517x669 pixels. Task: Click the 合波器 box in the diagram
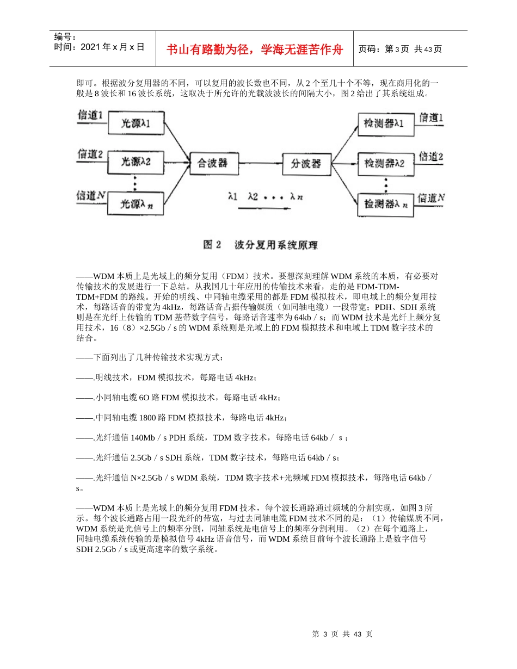point(214,163)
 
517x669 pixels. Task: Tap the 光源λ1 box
point(135,124)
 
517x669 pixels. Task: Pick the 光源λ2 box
point(135,162)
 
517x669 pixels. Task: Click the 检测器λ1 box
point(384,123)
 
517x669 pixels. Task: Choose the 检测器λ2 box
point(384,163)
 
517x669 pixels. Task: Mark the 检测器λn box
point(384,205)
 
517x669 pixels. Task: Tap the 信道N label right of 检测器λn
point(431,198)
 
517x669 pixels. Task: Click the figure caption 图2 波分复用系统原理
point(260,245)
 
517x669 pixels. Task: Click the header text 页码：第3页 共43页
point(400,49)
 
